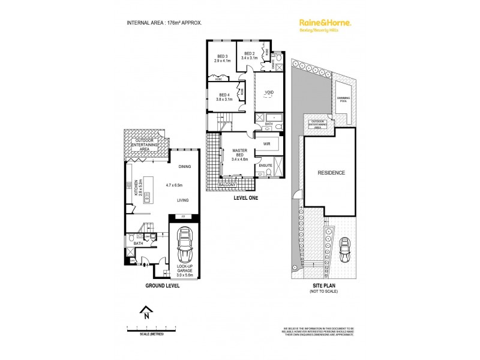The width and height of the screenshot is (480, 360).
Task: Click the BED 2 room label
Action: tap(249, 56)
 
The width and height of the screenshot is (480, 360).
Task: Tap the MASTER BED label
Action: tap(232, 154)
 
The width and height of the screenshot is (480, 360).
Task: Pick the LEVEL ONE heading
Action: tap(245, 197)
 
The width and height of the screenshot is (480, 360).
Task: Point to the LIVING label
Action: tap(184, 202)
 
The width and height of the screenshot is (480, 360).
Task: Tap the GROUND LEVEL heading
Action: tap(162, 286)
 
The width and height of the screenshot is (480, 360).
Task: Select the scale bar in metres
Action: tap(150, 329)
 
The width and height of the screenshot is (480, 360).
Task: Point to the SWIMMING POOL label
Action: tap(343, 100)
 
